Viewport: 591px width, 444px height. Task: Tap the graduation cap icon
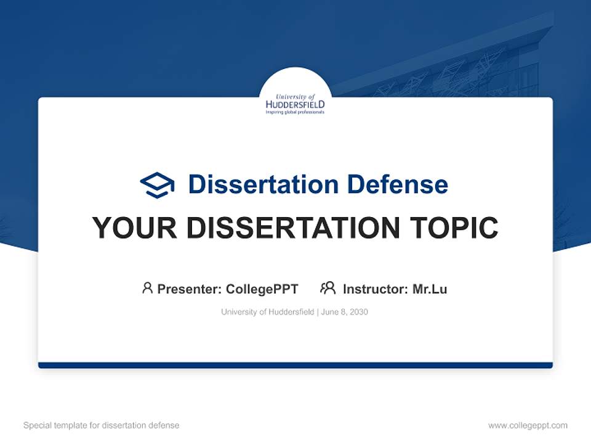tap(157, 184)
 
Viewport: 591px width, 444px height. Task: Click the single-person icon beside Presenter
tap(147, 288)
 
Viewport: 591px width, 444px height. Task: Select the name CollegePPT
tap(262, 289)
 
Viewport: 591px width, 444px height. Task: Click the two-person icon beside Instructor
tap(328, 288)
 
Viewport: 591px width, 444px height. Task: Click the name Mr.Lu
tap(430, 289)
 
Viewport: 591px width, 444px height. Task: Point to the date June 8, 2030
tap(345, 312)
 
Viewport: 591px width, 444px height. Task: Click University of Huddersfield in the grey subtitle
tap(267, 312)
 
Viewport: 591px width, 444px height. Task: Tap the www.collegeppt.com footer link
tap(528, 425)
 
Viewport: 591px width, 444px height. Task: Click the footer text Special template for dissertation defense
tap(102, 425)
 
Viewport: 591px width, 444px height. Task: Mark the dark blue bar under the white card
tap(295, 365)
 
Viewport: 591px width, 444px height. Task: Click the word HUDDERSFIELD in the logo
tap(295, 105)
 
